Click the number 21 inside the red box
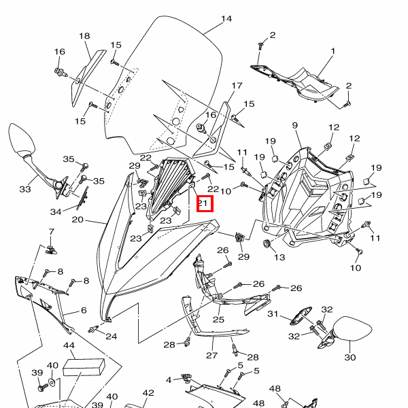[x=204, y=203]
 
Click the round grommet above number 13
[x=265, y=243]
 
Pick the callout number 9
[x=296, y=126]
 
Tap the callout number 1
[x=333, y=51]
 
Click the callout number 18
[x=84, y=36]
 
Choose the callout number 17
[x=237, y=86]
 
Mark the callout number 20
[x=77, y=220]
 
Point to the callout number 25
[x=218, y=319]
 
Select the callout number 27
[x=211, y=355]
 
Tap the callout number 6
[x=84, y=310]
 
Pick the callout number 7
[x=50, y=233]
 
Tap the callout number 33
[x=24, y=188]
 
